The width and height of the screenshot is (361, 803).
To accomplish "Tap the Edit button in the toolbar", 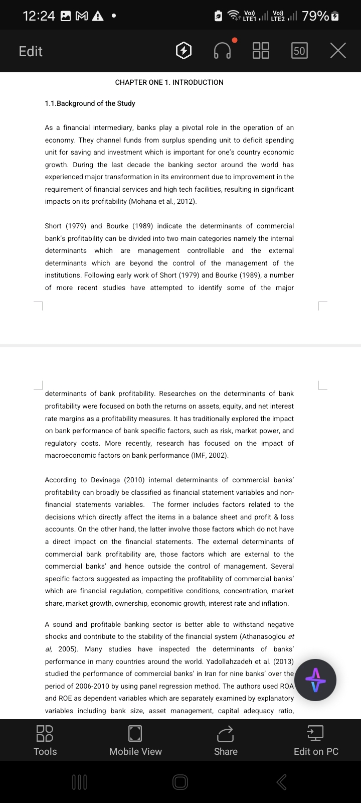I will pyautogui.click(x=31, y=51).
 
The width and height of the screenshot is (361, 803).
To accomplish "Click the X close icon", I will pyautogui.click(x=338, y=51).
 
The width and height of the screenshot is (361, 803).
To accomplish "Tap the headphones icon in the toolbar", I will pyautogui.click(x=223, y=51).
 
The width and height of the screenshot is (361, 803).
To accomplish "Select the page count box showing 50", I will pyautogui.click(x=299, y=51).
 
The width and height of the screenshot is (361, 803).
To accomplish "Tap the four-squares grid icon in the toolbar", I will pyautogui.click(x=261, y=51).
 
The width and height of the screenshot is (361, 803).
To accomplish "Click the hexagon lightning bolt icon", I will pyautogui.click(x=184, y=51).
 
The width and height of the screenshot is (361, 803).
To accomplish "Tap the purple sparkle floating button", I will pyautogui.click(x=315, y=680).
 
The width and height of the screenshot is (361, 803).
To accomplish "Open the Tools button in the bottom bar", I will pyautogui.click(x=45, y=740).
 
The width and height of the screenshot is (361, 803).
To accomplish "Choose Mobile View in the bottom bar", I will pyautogui.click(x=135, y=740).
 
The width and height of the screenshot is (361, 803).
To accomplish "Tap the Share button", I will pyautogui.click(x=226, y=740).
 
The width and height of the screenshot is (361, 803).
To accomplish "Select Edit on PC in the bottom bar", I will pyautogui.click(x=316, y=740).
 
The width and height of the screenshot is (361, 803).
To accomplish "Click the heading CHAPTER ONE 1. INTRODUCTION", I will pyautogui.click(x=169, y=82).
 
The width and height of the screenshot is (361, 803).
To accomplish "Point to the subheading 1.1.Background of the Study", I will pyautogui.click(x=90, y=103).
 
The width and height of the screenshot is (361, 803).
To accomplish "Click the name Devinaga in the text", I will pyautogui.click(x=105, y=480).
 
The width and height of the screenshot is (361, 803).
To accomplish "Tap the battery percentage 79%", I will pyautogui.click(x=315, y=16).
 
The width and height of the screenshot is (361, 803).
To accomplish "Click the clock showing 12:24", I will pyautogui.click(x=39, y=16).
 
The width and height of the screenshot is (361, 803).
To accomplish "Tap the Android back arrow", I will pyautogui.click(x=282, y=781).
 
